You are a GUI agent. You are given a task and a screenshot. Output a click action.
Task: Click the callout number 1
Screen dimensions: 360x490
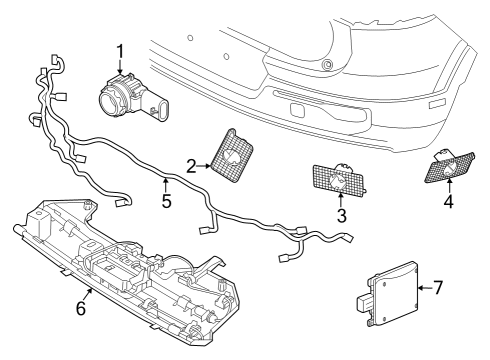click(x=119, y=50)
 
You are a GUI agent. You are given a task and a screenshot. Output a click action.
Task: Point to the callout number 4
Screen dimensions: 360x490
click(x=449, y=201)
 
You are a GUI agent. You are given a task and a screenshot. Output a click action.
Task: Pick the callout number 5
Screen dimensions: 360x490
click(x=166, y=200)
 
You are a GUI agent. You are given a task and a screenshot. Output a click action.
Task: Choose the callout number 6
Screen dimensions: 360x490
click(x=82, y=308)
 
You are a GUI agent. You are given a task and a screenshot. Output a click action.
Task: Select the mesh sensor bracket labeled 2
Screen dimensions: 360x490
click(x=232, y=156)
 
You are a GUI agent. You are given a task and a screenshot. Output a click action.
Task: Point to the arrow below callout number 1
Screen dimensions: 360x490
click(x=119, y=67)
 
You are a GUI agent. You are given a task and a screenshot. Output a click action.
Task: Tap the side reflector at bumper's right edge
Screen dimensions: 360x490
click(x=436, y=103)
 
